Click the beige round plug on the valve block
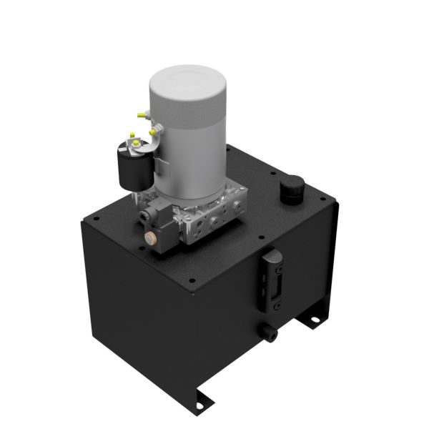point(152,237)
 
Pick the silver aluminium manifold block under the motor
point(214,218)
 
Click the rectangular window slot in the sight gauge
point(276,281)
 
